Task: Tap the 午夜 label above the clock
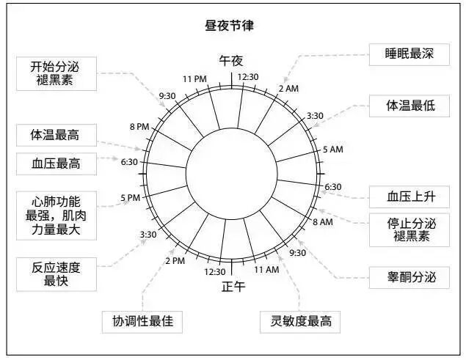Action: [x=231, y=61]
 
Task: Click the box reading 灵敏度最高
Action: [x=300, y=321]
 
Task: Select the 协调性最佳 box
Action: [x=142, y=321]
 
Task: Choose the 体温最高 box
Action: [x=55, y=136]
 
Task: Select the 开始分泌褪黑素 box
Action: [x=57, y=72]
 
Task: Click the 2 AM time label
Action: [x=287, y=88]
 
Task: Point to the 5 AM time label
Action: [x=333, y=150]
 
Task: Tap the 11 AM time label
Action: [x=266, y=270]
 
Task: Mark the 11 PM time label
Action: [x=195, y=78]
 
